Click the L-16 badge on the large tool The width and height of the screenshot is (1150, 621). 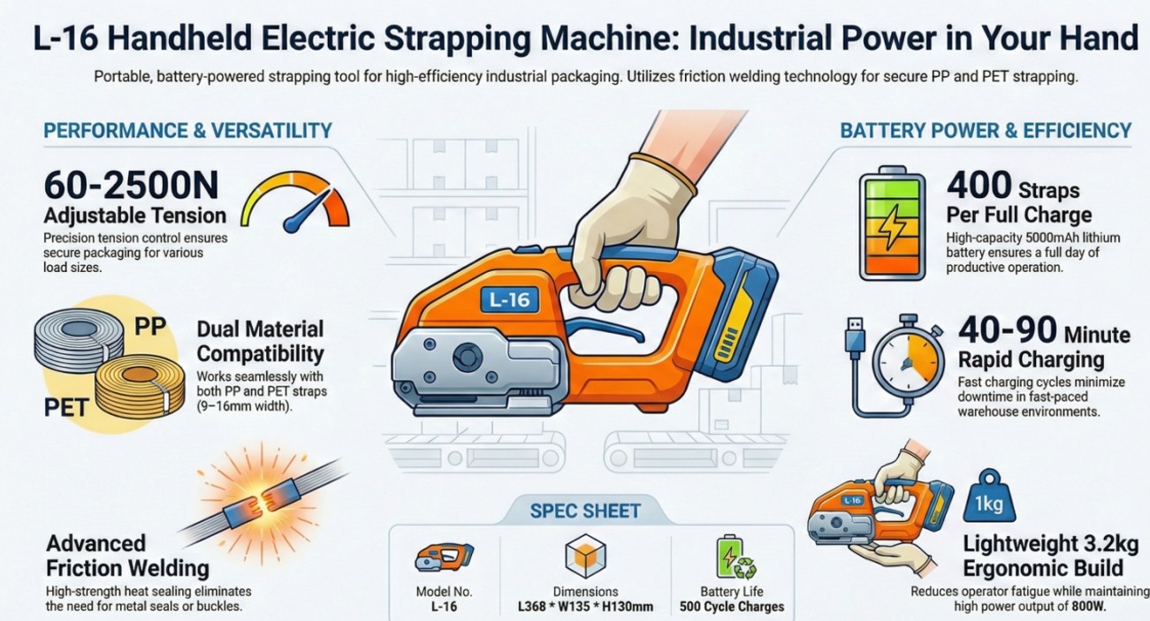point(509,299)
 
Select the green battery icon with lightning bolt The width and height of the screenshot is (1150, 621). point(892,223)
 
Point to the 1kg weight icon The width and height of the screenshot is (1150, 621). point(989,496)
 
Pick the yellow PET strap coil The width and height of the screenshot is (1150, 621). point(140,386)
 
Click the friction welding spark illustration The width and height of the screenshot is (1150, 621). point(262,500)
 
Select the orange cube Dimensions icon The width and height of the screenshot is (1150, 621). point(585,557)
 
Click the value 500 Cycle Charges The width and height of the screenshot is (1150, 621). point(732,607)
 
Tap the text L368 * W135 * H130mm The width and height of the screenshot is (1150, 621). point(585,607)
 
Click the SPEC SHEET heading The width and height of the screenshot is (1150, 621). point(585,511)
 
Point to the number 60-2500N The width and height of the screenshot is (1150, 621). point(132,186)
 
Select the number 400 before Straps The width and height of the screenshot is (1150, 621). point(979,186)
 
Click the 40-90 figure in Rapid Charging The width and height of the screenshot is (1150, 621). point(1008,330)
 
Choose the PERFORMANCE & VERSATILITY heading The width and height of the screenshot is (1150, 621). point(188,131)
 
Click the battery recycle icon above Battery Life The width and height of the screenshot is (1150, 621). point(736,557)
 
